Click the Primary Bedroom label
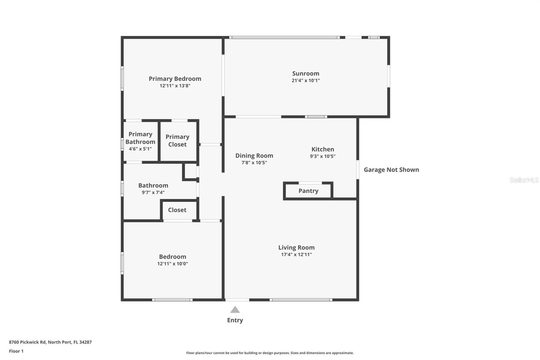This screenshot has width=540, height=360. point(175,79)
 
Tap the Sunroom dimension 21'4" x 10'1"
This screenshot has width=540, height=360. point(305,81)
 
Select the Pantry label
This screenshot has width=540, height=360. point(308,191)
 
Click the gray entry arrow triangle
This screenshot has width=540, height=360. point(235,310)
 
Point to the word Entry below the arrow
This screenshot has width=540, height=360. point(235,320)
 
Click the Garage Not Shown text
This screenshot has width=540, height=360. point(391,170)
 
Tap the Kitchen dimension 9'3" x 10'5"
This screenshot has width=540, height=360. point(323,156)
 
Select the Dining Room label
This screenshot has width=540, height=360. point(254,156)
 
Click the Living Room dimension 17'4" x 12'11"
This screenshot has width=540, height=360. point(296,255)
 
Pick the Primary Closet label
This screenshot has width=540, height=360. point(177,140)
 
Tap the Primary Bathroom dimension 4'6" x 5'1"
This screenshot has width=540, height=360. point(140,149)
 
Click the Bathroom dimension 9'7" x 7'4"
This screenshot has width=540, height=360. point(153,192)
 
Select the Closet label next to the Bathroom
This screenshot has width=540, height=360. point(177,210)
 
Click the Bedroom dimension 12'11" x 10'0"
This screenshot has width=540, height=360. point(172,264)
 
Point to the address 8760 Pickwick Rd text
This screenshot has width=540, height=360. point(50,342)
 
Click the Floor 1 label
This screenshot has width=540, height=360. point(16,351)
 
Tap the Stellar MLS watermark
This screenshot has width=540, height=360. point(524,180)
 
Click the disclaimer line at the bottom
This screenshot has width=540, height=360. point(270,353)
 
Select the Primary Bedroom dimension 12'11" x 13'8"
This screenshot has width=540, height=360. point(175,86)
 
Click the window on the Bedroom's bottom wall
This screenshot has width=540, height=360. point(172,300)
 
